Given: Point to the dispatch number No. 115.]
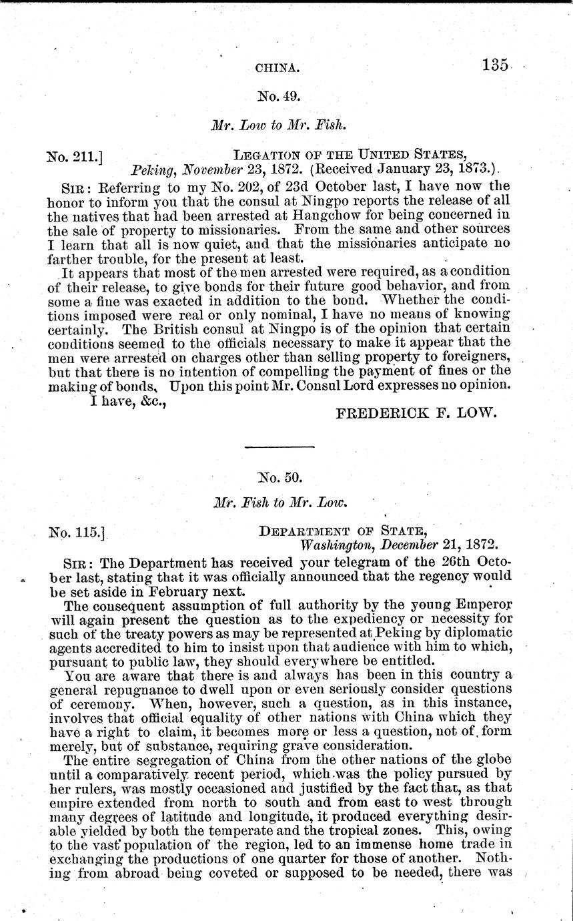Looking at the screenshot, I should tap(77, 533).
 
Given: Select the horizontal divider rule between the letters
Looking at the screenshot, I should tap(280, 446).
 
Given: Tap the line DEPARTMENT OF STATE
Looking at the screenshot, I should tap(342, 531).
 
